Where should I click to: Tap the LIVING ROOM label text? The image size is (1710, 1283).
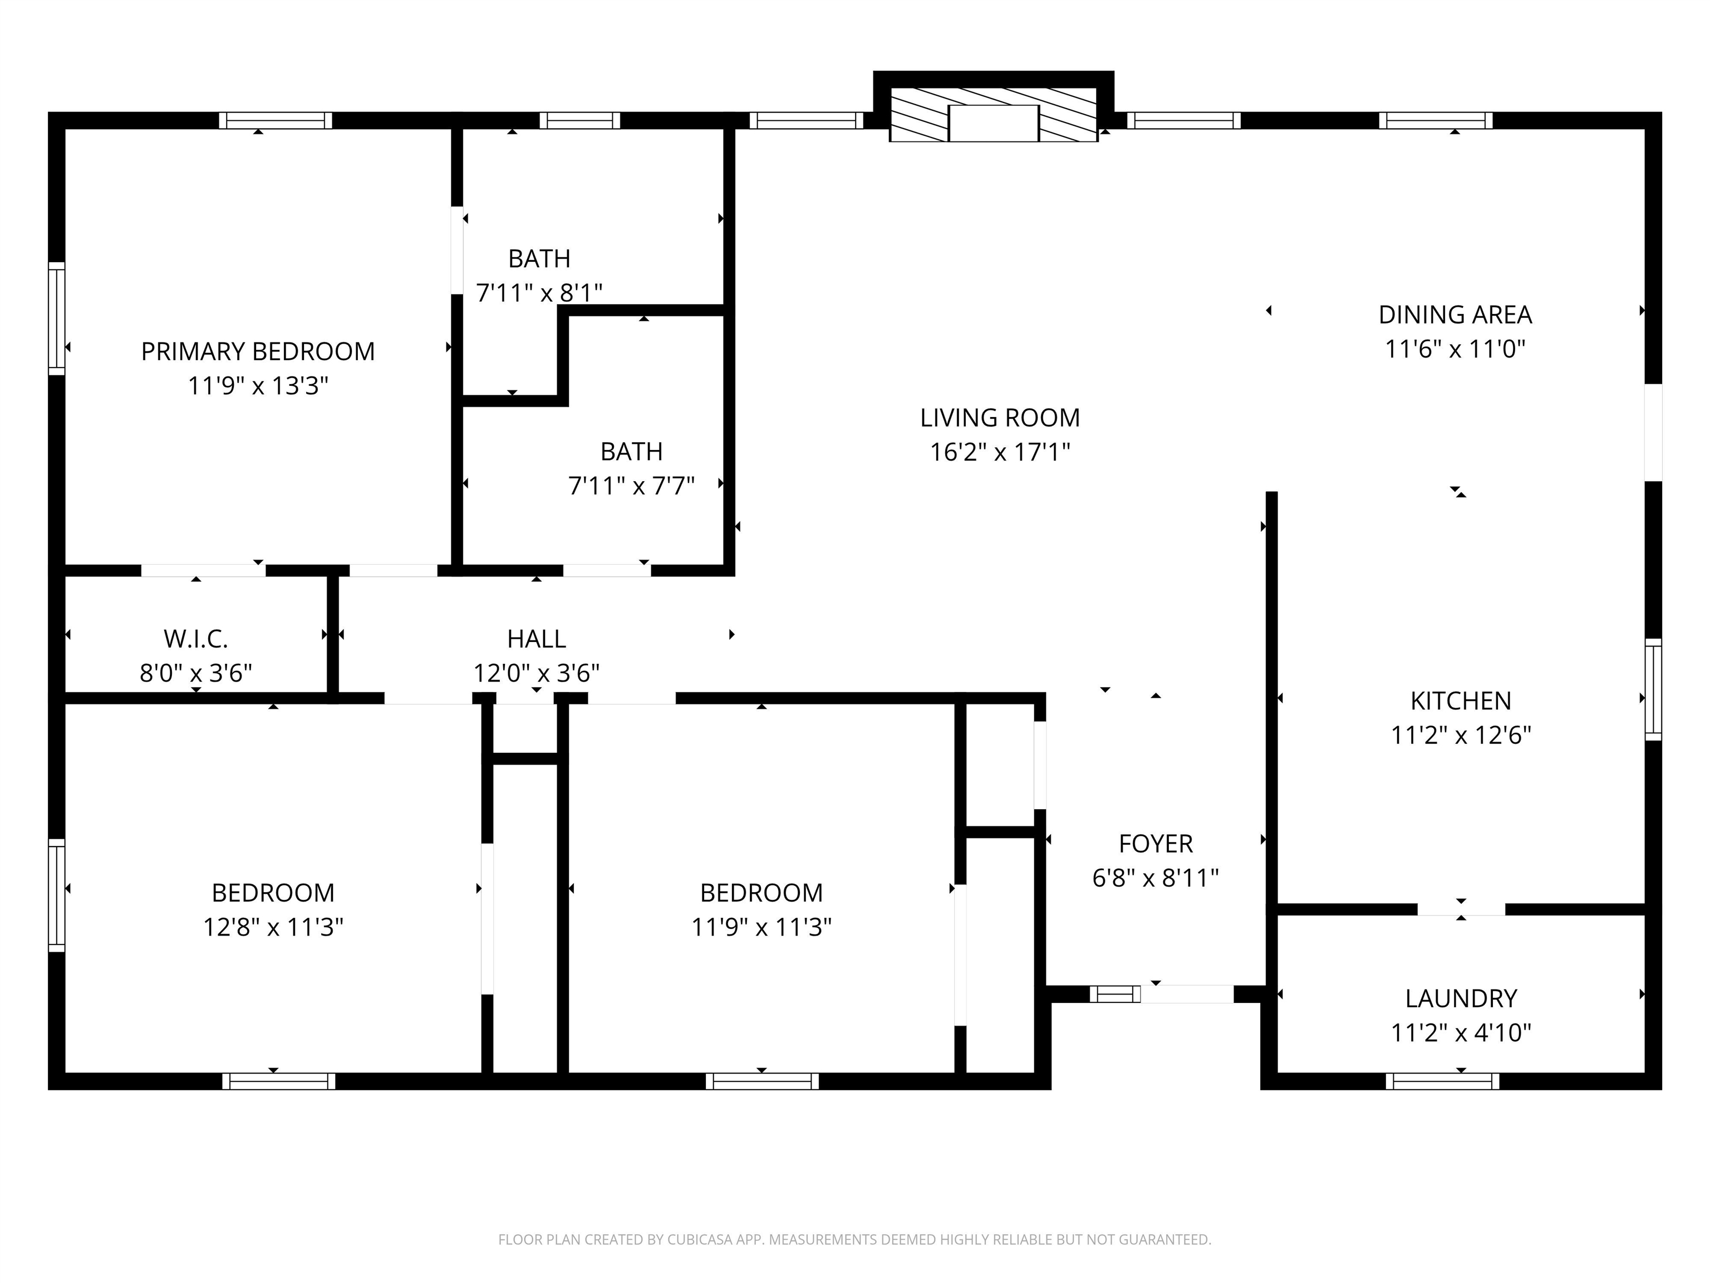1000,418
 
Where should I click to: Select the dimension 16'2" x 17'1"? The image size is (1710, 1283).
1000,452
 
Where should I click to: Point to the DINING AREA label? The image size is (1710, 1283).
1455,315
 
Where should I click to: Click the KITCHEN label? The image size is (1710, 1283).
1460,701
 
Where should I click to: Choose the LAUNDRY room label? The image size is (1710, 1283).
1460,998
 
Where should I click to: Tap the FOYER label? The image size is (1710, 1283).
1156,844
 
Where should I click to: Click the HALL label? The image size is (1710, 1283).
537,639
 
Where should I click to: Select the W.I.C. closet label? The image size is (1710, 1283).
195,639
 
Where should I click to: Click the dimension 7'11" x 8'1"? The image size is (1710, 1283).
539,293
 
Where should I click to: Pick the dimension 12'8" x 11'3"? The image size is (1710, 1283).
273,927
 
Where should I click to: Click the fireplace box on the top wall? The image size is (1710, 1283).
994,115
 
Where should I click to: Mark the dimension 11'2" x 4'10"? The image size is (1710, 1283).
1460,1032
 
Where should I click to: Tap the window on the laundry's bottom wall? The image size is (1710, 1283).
1442,1081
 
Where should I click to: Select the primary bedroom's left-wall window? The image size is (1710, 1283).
56,319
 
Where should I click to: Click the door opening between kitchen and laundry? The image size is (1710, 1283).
1461,909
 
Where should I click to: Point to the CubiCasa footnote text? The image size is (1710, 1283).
854,1240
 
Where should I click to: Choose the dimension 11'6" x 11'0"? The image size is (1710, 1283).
1455,349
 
